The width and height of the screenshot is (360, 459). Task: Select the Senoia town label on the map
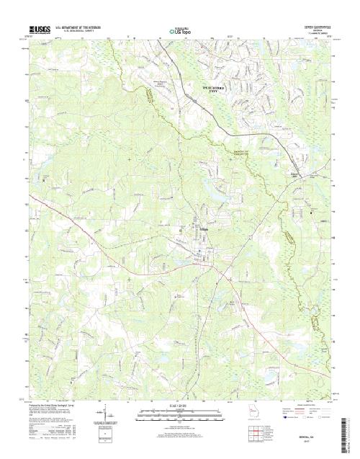(204, 229)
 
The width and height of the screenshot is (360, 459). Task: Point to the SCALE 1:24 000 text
(180, 406)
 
